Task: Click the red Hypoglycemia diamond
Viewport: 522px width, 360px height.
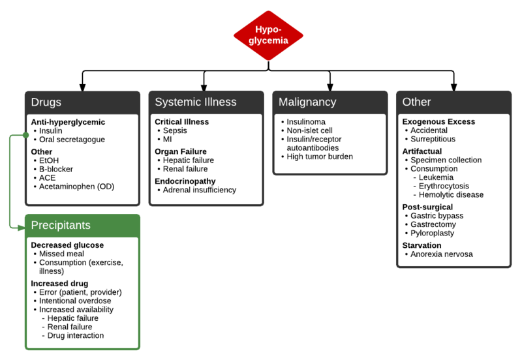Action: point(269,35)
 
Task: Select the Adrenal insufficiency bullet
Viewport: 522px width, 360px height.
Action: point(200,190)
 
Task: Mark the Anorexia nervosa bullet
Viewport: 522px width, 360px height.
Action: point(441,254)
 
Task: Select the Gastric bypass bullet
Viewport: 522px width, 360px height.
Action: point(437,216)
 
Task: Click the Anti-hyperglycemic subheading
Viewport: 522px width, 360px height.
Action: point(68,122)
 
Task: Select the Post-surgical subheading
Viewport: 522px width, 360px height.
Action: point(428,207)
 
